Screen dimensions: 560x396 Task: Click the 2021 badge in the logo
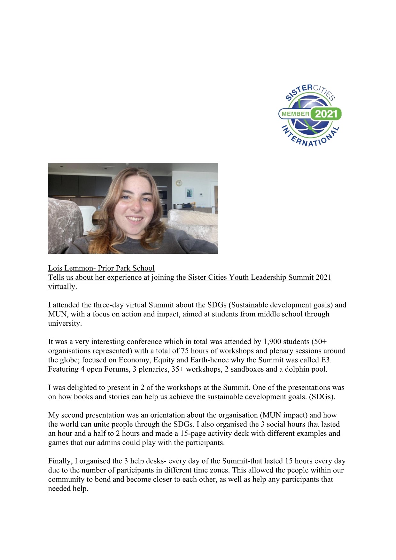(326, 114)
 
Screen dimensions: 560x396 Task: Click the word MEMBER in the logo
(295, 114)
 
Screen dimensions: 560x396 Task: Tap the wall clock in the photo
(179, 183)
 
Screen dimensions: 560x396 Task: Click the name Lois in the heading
(55, 268)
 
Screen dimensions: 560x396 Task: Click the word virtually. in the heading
(63, 286)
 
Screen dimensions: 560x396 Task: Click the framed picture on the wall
(190, 193)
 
